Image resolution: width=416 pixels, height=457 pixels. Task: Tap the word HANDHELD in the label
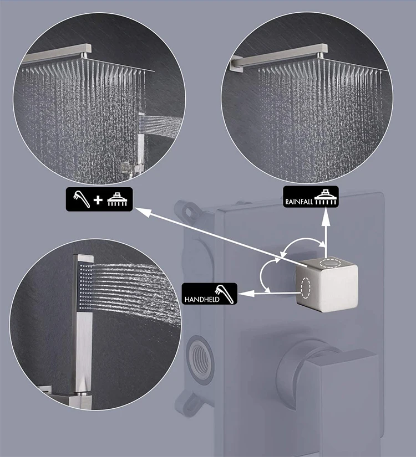[x=202, y=299]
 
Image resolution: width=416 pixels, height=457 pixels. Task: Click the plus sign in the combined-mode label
[x=98, y=199]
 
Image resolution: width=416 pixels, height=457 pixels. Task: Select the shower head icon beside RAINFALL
[x=326, y=198]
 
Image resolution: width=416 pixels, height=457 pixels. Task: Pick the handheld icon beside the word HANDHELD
[x=227, y=293]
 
